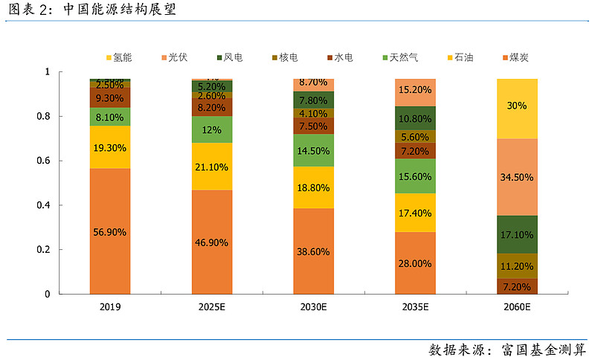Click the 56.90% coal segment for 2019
(110, 231)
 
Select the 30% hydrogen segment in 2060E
(517, 106)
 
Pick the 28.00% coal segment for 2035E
(415, 263)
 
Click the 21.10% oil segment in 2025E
(212, 166)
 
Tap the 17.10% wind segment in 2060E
(517, 234)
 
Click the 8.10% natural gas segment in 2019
(110, 117)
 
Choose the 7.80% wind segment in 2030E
(313, 100)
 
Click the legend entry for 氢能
(122, 57)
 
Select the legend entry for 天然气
(399, 57)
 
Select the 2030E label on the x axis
(313, 306)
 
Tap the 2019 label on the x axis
(110, 306)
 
